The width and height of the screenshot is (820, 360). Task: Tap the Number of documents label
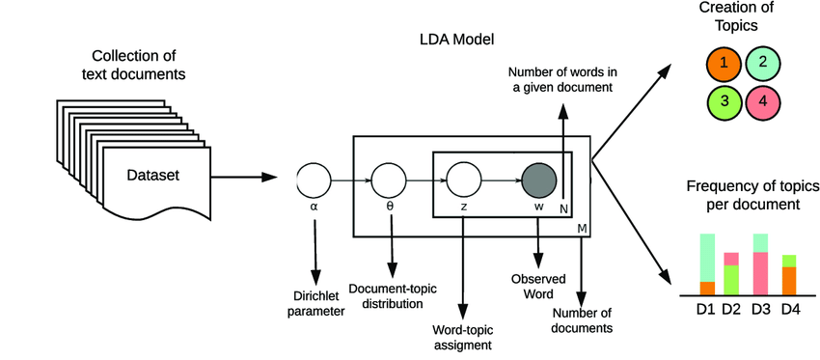(583, 320)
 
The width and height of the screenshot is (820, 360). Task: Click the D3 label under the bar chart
(760, 309)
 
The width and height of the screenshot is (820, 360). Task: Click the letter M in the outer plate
(582, 227)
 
